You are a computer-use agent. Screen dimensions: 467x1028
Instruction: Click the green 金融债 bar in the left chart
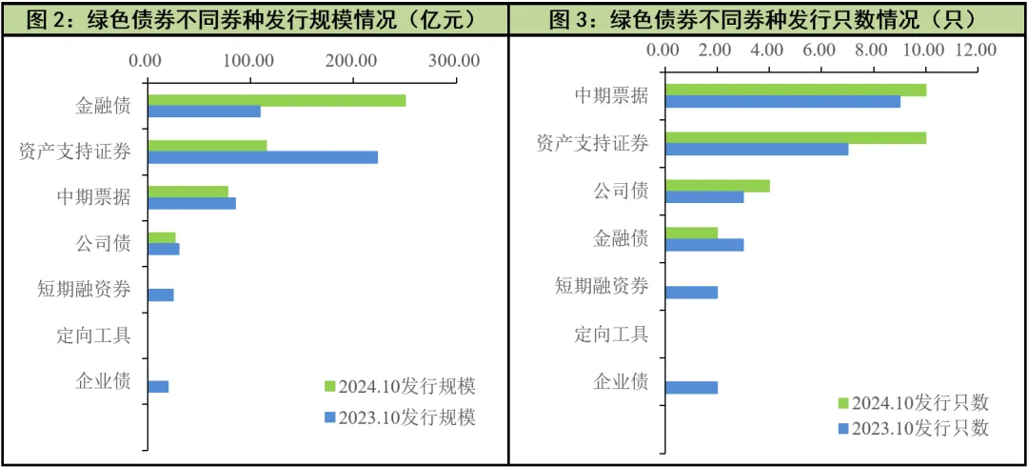point(276,100)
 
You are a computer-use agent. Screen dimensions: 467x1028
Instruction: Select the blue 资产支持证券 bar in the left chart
point(263,157)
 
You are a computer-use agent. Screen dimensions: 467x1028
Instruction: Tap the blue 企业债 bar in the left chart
point(158,386)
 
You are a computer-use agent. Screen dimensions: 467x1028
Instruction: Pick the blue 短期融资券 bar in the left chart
point(161,294)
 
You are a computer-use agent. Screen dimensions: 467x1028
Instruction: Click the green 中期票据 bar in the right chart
point(795,90)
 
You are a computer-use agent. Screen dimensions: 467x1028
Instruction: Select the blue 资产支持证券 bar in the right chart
point(756,150)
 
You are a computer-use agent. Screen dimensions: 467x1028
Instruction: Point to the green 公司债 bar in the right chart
point(717,186)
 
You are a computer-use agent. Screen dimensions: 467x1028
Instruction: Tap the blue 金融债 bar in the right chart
point(703,245)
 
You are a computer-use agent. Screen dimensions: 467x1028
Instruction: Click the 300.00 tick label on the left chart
point(454,61)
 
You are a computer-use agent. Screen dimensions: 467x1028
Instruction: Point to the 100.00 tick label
point(249,61)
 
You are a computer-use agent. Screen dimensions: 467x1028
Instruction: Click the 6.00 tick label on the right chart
point(820,50)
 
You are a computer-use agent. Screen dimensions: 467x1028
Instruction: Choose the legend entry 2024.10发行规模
point(399,386)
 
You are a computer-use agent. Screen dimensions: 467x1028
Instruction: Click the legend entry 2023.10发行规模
point(399,416)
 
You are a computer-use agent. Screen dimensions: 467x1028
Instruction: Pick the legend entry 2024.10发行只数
point(913,403)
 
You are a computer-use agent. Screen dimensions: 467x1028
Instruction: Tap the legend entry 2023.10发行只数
point(913,429)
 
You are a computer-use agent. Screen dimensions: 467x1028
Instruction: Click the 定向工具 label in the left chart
point(94,335)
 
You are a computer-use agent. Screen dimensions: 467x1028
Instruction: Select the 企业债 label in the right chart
point(621,382)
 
